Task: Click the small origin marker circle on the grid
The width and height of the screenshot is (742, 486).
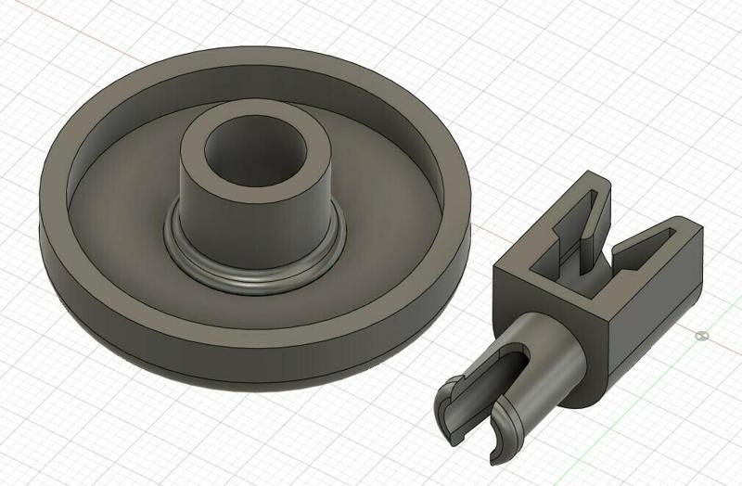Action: click(702, 335)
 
